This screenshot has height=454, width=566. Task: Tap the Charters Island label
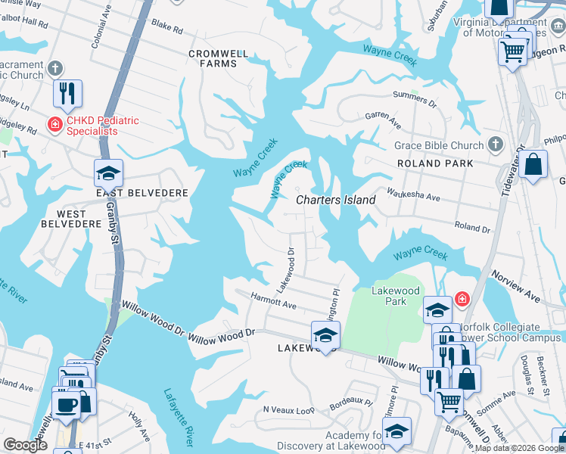pyautogui.click(x=335, y=200)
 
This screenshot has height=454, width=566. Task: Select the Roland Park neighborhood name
pyautogui.click(x=435, y=163)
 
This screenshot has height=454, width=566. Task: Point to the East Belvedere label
pyautogui.click(x=141, y=193)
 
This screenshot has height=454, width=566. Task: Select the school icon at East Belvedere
pyautogui.click(x=108, y=173)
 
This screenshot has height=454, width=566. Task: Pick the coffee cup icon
pyautogui.click(x=66, y=403)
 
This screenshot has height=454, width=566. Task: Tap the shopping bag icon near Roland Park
pyautogui.click(x=533, y=166)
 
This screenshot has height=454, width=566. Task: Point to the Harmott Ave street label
pyautogui.click(x=274, y=301)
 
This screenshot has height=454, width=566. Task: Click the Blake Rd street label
pyautogui.click(x=167, y=29)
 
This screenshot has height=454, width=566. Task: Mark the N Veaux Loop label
pyautogui.click(x=288, y=409)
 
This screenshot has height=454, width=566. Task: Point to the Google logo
pyautogui.click(x=26, y=445)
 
